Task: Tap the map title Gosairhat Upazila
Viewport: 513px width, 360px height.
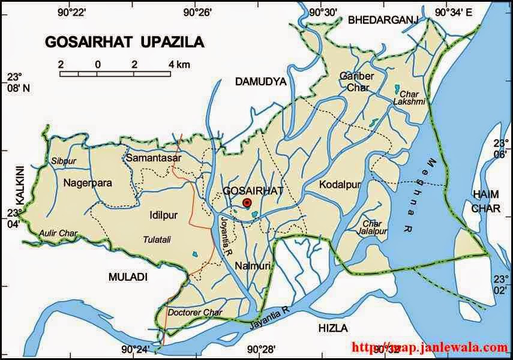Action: point(124,42)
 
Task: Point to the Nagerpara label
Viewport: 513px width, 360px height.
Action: point(88,182)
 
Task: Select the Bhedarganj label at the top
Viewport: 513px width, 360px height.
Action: point(382,20)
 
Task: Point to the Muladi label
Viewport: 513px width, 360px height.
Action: point(127,277)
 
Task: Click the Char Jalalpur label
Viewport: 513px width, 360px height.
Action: point(372,227)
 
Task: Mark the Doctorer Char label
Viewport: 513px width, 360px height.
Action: point(195,313)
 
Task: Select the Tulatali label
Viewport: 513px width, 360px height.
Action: point(157,239)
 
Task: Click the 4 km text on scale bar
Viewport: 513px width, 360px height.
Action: point(179,64)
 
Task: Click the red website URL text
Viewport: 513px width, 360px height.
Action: point(428,346)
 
